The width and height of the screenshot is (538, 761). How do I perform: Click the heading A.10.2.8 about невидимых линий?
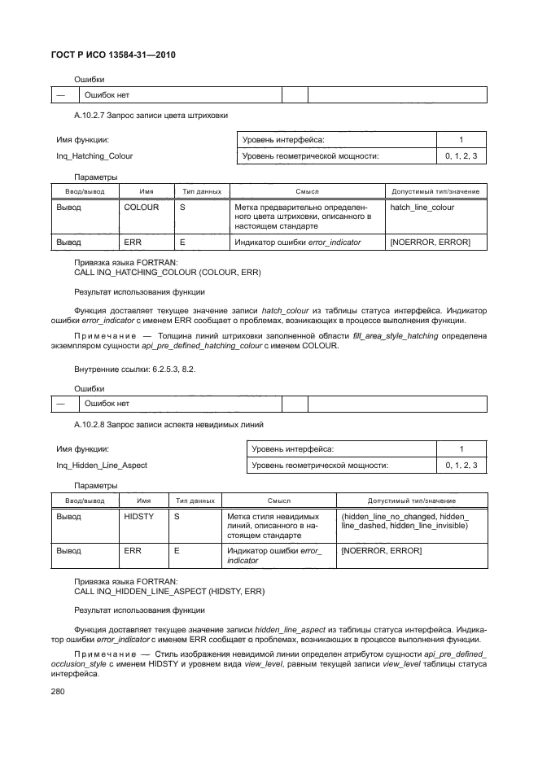coord(162,425)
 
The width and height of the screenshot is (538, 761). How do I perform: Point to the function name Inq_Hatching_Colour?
coord(94,155)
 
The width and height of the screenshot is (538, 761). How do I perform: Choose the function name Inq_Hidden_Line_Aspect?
coord(101,466)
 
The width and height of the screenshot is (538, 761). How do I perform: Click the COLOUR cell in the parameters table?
coord(141,208)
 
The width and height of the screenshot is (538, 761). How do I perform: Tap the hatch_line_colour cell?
coord(422,208)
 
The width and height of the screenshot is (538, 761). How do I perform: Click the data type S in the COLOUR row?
coord(182,208)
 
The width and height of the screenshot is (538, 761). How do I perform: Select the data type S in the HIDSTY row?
coord(177,517)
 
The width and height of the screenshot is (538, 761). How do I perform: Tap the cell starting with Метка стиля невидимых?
coord(273,527)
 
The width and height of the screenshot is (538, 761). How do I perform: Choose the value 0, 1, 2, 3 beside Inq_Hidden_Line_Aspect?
coord(461,466)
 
